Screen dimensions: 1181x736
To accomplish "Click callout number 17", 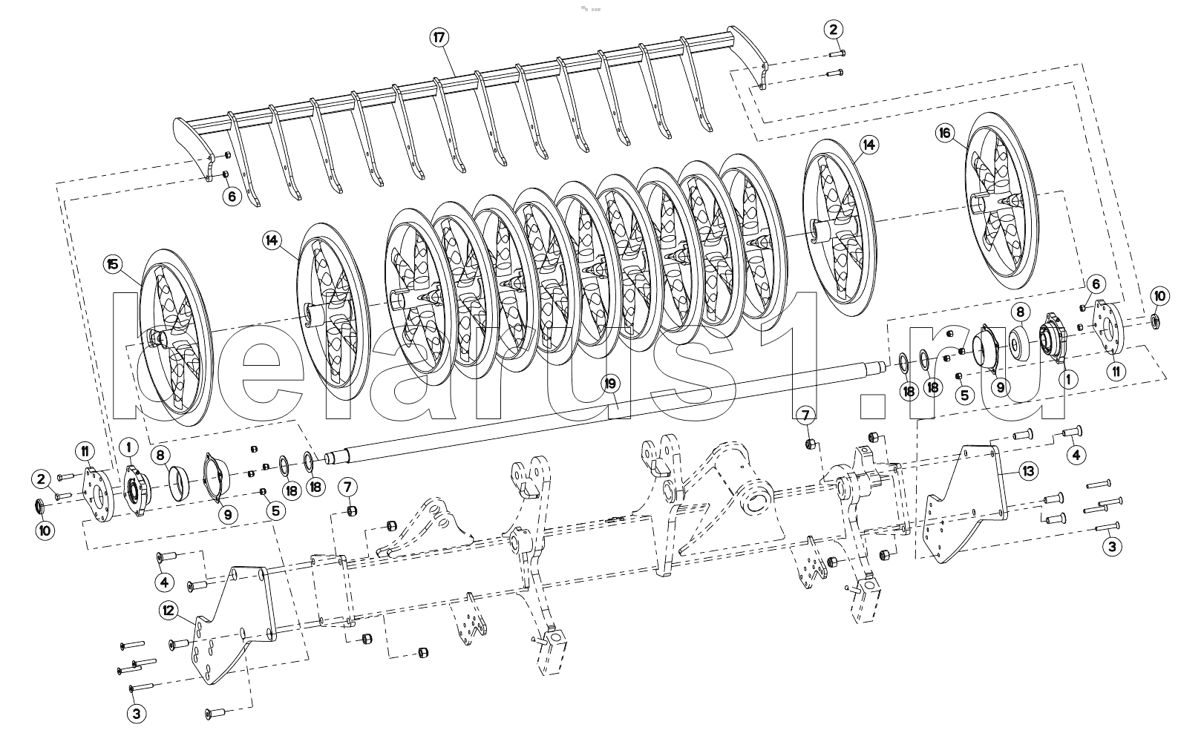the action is [439, 38].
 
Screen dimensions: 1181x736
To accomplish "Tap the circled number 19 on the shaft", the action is [610, 384].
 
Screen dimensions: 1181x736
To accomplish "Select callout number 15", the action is [113, 264].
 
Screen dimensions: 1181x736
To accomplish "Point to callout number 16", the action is [944, 133].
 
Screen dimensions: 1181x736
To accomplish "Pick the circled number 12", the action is [169, 611].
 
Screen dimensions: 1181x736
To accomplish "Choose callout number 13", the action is [1029, 470].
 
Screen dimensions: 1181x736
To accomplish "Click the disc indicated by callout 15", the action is [177, 338].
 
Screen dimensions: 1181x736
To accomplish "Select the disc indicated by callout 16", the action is [1002, 201].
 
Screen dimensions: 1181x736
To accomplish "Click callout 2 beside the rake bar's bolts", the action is [833, 29].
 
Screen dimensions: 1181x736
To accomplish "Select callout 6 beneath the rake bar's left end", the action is [232, 197].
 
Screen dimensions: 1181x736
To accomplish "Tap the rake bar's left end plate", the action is [194, 148].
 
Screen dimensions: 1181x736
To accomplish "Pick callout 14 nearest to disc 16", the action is [868, 145].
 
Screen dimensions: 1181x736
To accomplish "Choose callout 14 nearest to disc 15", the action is [271, 241].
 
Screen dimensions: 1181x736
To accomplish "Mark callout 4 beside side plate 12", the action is [164, 582].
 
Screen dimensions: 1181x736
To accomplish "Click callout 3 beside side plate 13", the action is [1112, 546].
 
